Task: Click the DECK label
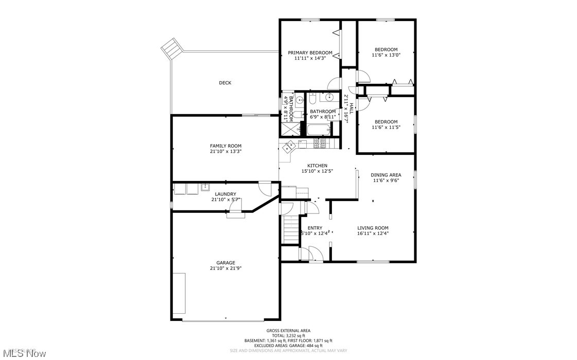(225, 83)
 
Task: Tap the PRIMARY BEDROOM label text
(310, 52)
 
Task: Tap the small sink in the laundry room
(205, 187)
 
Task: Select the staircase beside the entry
(291, 229)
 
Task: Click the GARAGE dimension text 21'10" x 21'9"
(225, 268)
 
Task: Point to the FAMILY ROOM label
(225, 146)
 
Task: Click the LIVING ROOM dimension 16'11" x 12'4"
(373, 233)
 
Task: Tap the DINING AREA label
(386, 175)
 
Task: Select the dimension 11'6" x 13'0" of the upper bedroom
(386, 55)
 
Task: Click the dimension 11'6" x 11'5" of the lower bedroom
(386, 127)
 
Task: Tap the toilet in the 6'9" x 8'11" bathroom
(312, 99)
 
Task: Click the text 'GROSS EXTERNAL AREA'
(288, 331)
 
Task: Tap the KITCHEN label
(317, 166)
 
